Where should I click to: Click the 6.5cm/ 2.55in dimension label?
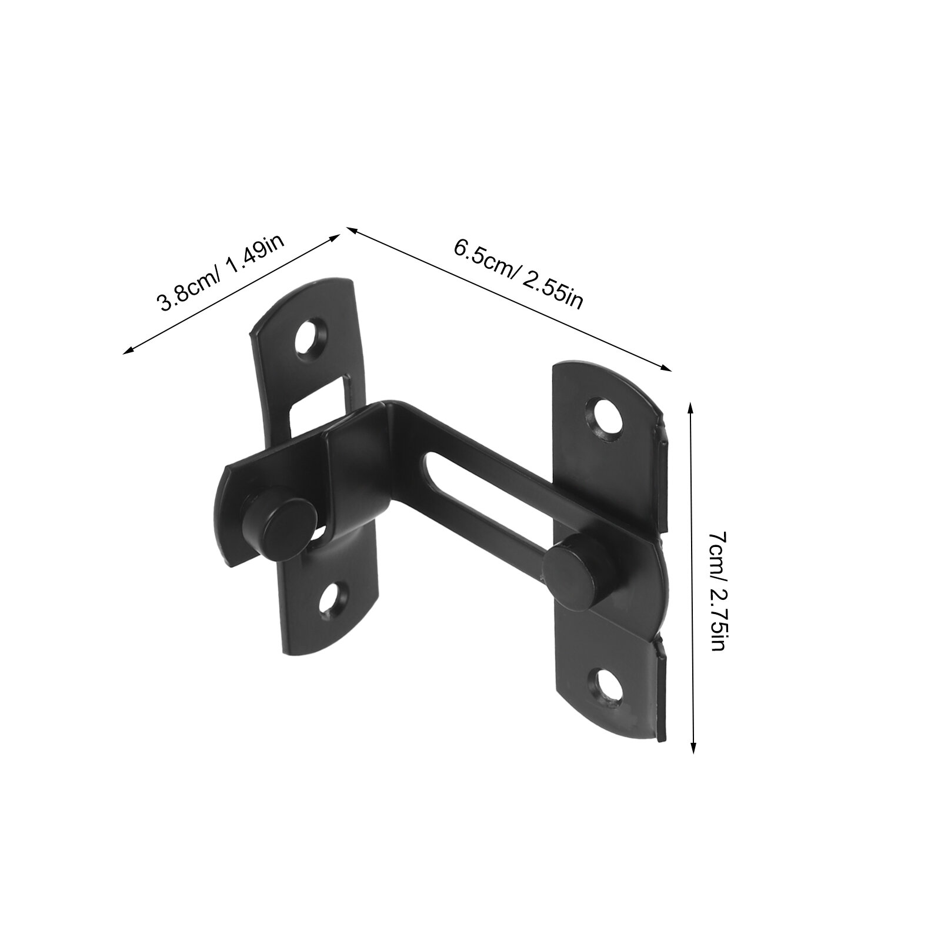tap(518, 275)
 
